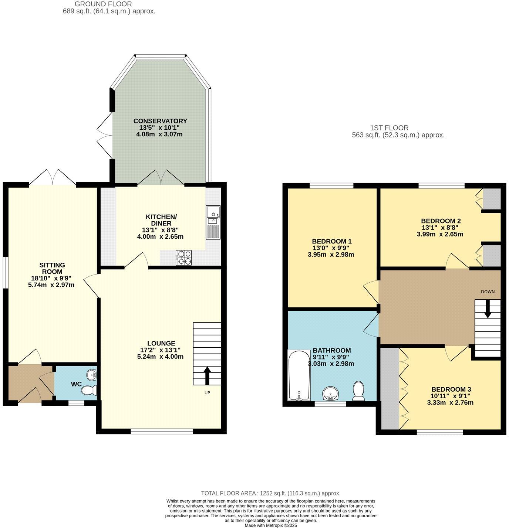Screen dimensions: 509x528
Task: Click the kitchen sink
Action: (x=213, y=222)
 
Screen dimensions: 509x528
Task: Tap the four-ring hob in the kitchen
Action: (x=183, y=258)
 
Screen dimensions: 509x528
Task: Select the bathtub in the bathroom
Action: (x=299, y=375)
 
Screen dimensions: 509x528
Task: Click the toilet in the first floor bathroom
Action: (x=358, y=391)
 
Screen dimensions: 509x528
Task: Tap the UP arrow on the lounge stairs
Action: (x=207, y=375)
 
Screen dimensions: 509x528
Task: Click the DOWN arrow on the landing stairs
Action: (x=488, y=309)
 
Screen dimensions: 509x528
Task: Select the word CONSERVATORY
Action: (x=160, y=121)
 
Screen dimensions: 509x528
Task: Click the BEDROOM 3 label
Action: (x=451, y=389)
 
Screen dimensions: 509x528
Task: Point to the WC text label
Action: (x=76, y=384)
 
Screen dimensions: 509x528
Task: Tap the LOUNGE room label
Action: (x=161, y=343)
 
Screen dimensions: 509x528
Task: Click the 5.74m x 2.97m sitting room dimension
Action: (x=51, y=285)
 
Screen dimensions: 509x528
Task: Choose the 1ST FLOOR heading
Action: (x=389, y=128)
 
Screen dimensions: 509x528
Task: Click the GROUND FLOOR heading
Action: (x=103, y=4)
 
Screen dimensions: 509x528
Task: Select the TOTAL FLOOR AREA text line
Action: (x=270, y=493)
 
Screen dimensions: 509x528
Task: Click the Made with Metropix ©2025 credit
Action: (x=271, y=525)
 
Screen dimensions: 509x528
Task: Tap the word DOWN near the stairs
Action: (x=488, y=292)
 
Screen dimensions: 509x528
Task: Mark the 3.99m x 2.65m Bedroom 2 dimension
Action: (x=440, y=234)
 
